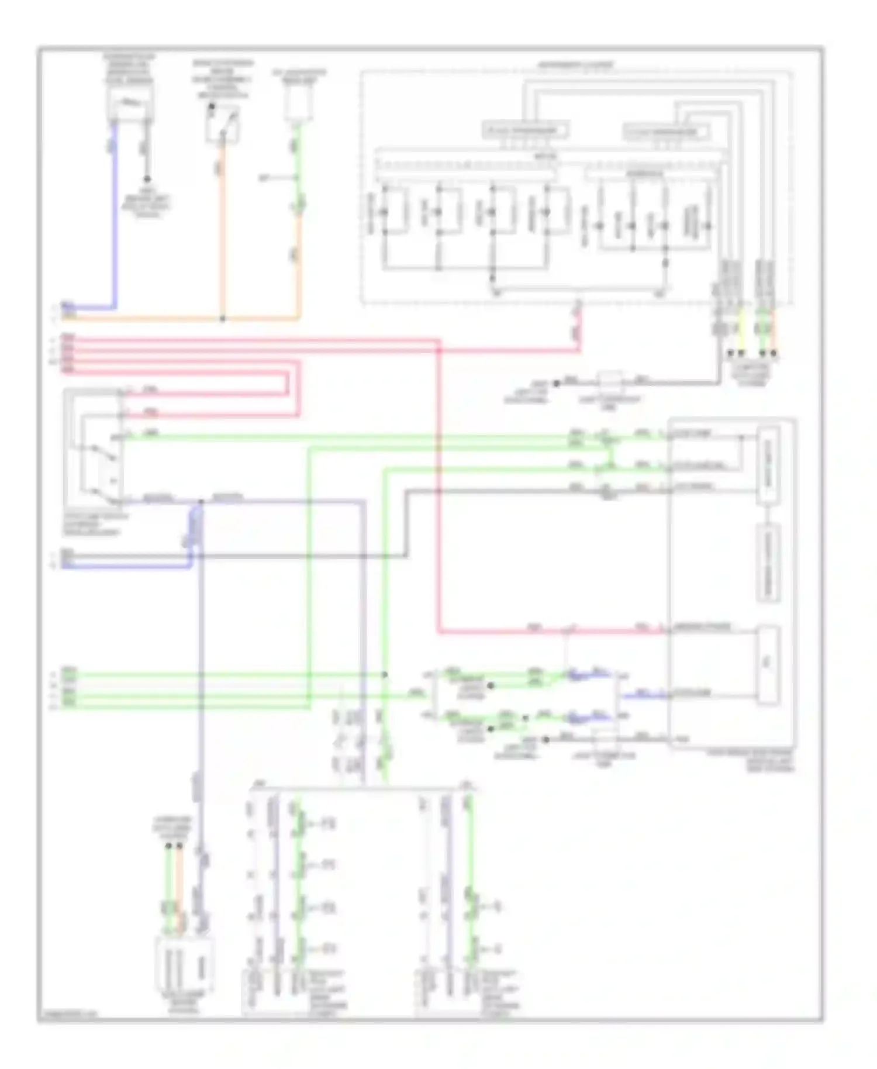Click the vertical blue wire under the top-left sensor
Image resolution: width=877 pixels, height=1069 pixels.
(114, 216)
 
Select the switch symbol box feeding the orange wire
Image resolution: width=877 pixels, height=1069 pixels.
(222, 124)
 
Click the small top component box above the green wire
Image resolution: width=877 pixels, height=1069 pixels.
(298, 105)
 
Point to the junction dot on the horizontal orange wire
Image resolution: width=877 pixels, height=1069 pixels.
(222, 319)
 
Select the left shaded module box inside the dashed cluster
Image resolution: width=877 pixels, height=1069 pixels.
(526, 130)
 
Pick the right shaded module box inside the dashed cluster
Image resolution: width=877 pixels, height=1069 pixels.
(666, 132)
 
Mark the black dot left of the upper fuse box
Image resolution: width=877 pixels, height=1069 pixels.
(556, 384)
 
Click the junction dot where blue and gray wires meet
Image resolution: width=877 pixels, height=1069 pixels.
(201, 502)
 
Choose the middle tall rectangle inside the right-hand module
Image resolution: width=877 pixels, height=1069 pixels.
(768, 561)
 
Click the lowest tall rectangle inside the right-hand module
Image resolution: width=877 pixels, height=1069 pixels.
(768, 665)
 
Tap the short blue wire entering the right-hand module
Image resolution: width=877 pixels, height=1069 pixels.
(643, 696)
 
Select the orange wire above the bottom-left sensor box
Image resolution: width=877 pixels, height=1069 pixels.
(179, 883)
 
